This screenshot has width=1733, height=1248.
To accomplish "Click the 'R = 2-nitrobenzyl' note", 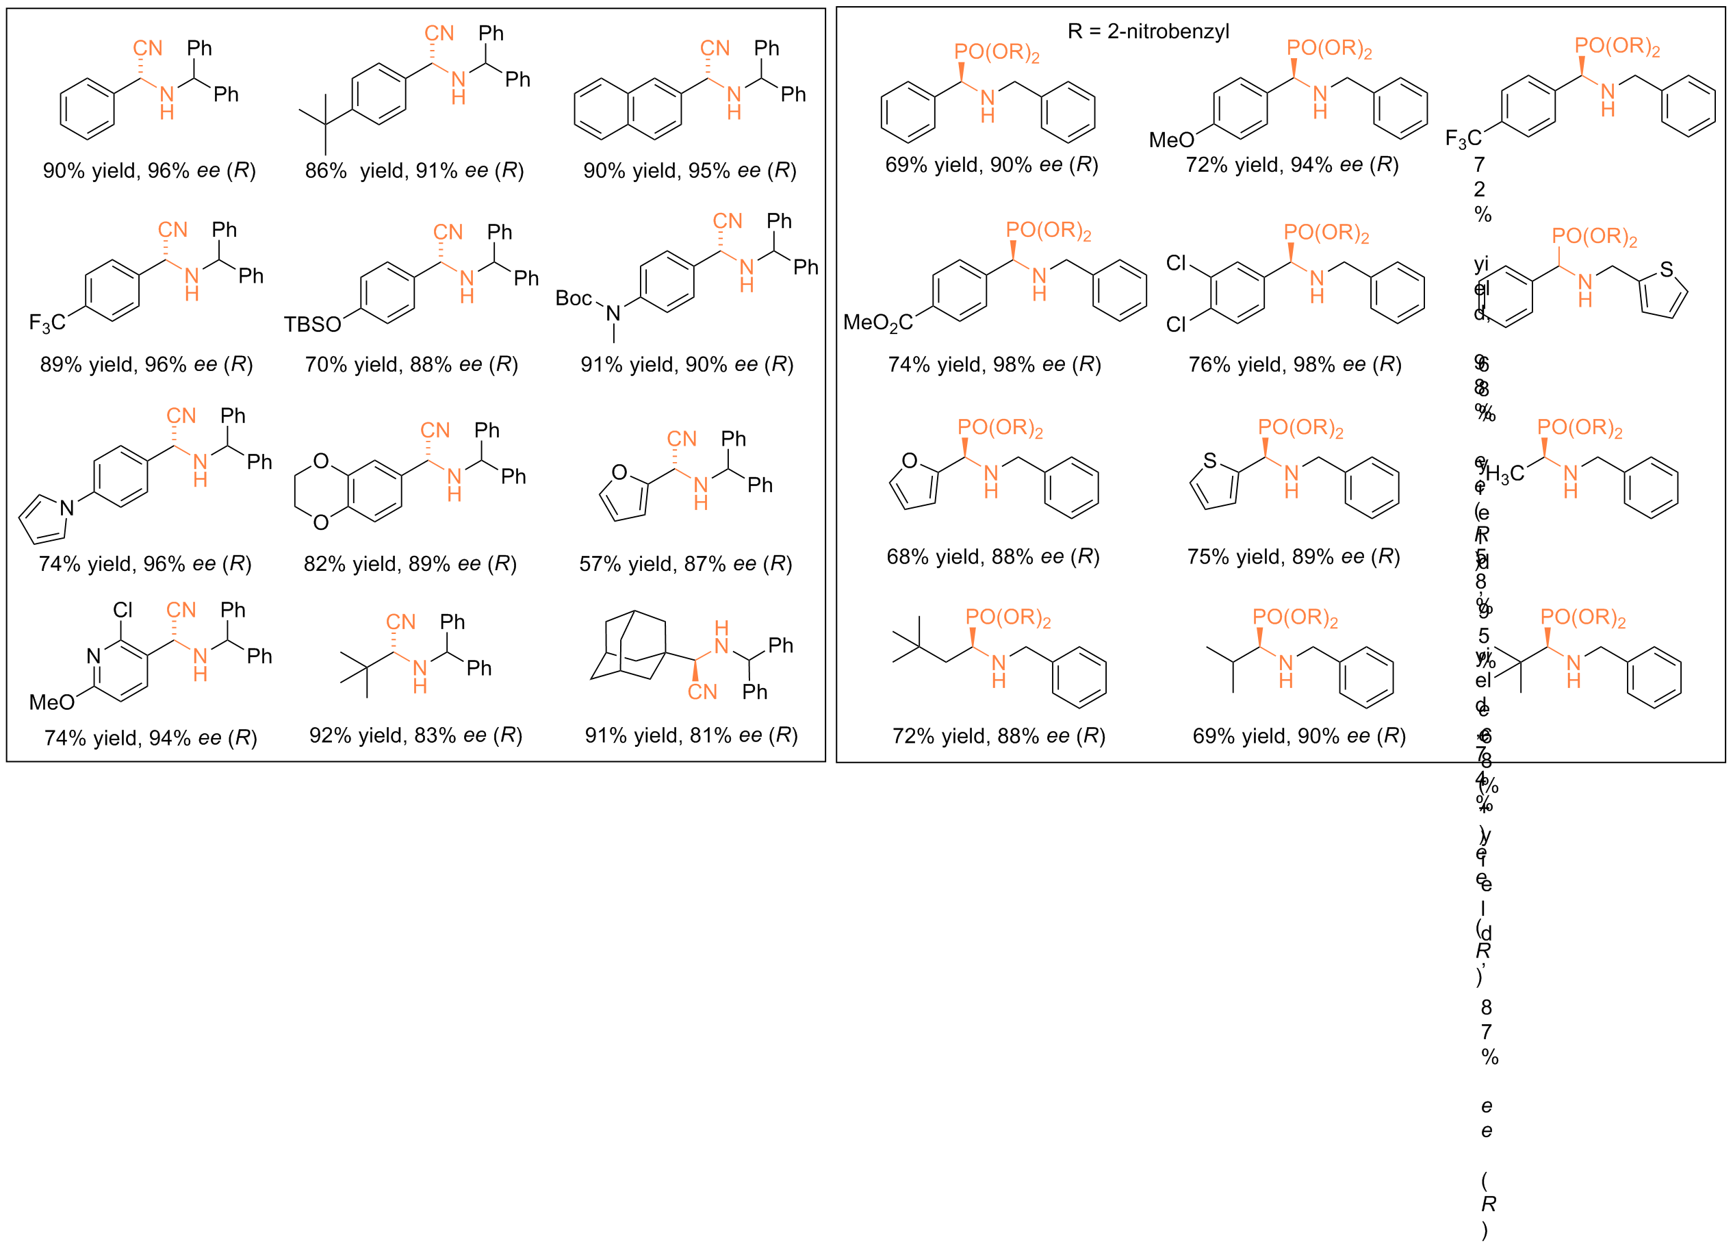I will tap(1148, 31).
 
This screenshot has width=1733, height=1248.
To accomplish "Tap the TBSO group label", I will tap(311, 324).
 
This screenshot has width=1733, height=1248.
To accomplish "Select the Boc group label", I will tap(573, 298).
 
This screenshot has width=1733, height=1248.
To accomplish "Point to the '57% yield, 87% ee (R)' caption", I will tap(685, 564).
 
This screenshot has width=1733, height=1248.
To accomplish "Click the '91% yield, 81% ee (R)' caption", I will tap(691, 735).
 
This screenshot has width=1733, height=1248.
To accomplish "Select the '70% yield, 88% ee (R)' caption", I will tap(411, 364).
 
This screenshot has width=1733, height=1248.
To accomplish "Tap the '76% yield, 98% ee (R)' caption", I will tap(1294, 364).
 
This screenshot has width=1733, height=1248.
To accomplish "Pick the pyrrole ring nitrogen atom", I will tap(67, 507).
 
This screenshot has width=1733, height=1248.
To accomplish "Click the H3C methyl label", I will tap(1504, 474).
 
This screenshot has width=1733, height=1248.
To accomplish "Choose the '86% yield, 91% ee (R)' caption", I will tap(414, 170).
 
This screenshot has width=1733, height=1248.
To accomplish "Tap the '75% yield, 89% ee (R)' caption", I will tap(1293, 557).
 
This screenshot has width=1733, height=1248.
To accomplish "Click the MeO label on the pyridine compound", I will tap(51, 702).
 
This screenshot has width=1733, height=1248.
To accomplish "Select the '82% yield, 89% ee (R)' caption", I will tap(411, 564).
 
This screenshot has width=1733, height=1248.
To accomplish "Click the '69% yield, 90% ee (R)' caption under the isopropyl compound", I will tap(1299, 736).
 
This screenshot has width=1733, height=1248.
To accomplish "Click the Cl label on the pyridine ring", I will tap(123, 610).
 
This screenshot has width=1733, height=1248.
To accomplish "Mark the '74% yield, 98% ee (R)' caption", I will tap(994, 364).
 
